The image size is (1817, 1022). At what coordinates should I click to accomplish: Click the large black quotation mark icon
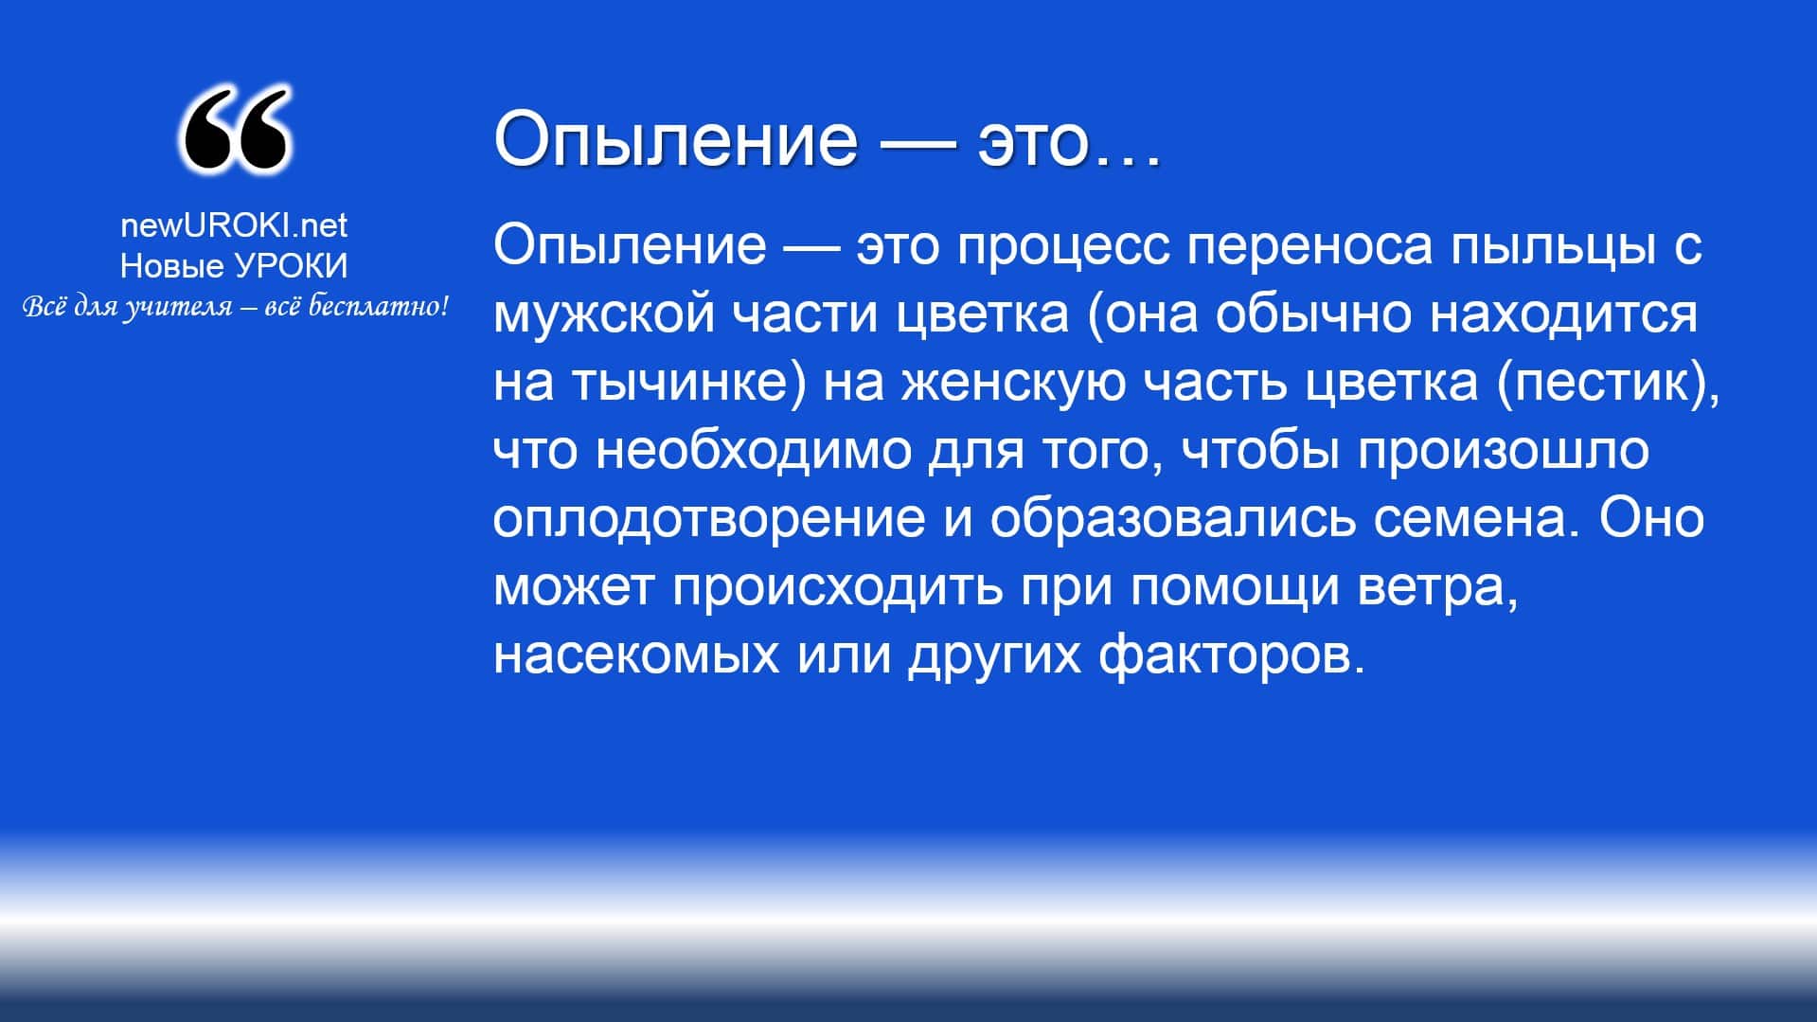coord(234,130)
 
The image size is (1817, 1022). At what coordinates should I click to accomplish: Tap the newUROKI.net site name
coord(234,224)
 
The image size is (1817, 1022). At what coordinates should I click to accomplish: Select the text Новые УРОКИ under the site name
coord(234,266)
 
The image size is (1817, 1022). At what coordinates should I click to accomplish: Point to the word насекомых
coord(636,655)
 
